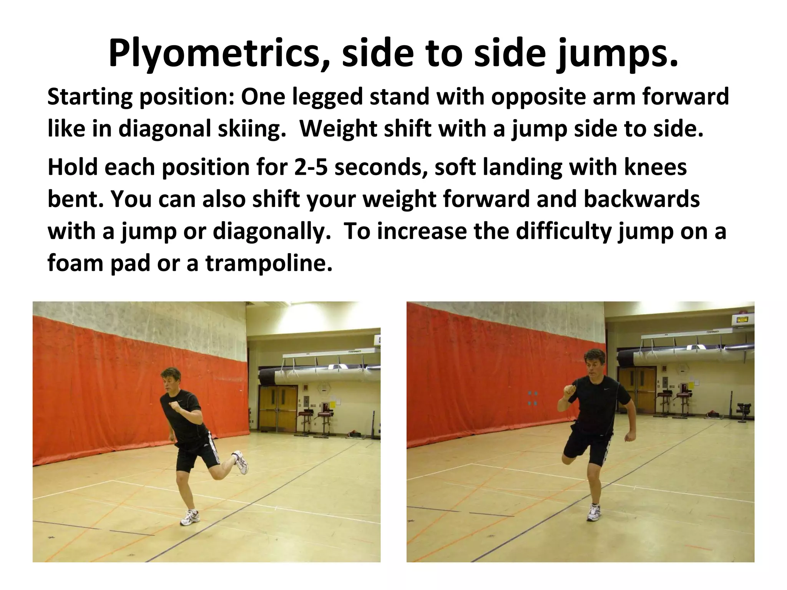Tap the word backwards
click(x=642, y=199)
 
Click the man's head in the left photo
click(x=172, y=379)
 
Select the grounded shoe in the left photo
click(x=190, y=518)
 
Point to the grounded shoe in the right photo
click(x=594, y=512)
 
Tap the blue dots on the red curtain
click(x=532, y=398)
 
